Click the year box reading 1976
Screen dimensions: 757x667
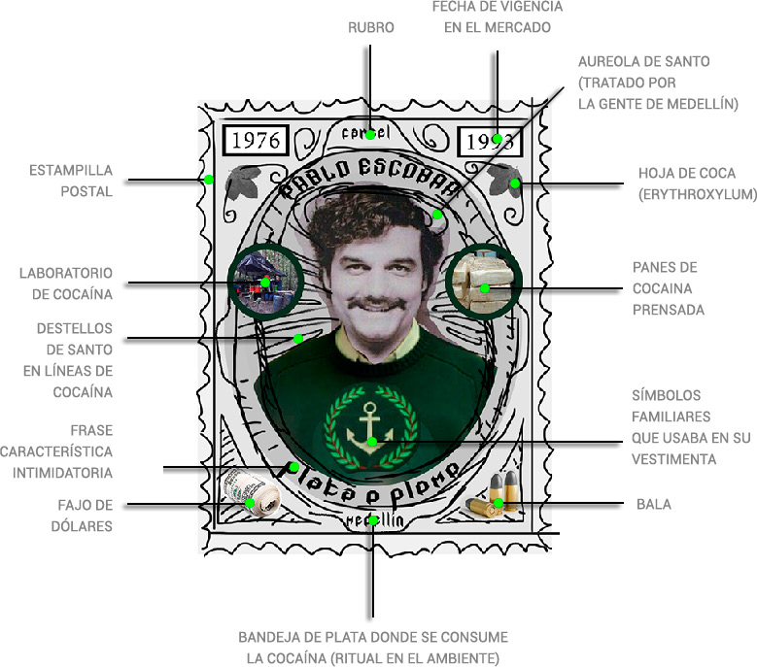[x=255, y=140]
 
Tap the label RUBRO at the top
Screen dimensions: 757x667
[x=371, y=28]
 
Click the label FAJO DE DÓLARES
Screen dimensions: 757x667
[x=85, y=515]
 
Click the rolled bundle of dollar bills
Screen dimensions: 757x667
[x=251, y=495]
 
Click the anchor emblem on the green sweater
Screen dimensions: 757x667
[x=372, y=431]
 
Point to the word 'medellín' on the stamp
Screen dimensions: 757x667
[x=373, y=520]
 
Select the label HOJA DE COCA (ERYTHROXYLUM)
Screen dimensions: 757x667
[x=697, y=183]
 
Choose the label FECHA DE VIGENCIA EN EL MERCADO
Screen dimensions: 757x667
[x=497, y=17]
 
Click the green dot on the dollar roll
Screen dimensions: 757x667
[x=251, y=502]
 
